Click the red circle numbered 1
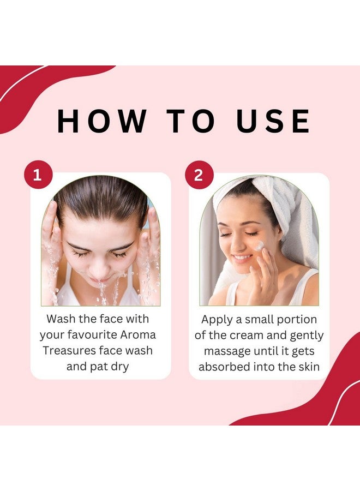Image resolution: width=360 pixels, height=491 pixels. click(37, 176)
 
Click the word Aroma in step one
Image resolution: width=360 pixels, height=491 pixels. click(139, 334)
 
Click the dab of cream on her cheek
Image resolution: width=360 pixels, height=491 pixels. click(260, 247)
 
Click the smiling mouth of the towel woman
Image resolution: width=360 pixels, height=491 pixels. click(241, 258)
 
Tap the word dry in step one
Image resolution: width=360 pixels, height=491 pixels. click(118, 366)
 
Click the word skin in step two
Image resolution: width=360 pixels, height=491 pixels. click(308, 367)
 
